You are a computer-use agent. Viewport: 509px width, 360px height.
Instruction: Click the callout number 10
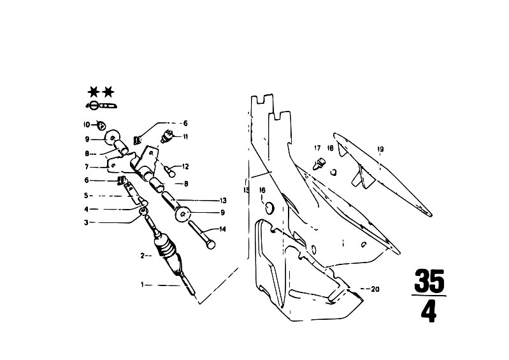coord(87,125)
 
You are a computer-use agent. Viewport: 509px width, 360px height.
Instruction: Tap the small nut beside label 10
coord(101,126)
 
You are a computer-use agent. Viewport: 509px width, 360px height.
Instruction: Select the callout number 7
coord(87,167)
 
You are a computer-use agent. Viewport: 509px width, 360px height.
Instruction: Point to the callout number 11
coord(185,137)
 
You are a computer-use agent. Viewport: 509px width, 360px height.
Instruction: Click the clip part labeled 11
coord(168,135)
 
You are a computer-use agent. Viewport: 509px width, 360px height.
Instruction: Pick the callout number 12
coord(185,167)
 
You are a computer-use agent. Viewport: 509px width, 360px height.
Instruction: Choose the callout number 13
coord(223,201)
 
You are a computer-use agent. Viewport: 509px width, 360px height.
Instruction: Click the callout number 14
coord(222,229)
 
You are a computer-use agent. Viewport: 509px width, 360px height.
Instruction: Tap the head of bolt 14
coord(211,244)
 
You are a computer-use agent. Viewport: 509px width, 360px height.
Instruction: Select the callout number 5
coord(86,196)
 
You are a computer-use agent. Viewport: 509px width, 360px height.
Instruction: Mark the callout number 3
coord(86,222)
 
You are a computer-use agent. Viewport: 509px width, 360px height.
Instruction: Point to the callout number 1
coord(142,285)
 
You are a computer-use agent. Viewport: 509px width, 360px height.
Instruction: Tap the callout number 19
coord(381,149)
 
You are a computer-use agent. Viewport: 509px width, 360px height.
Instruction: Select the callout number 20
coord(375,289)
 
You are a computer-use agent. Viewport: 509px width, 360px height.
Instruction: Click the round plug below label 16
coord(269,208)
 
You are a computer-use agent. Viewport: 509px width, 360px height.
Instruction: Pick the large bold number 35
coord(429,281)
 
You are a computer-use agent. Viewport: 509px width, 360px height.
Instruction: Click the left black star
coord(94,92)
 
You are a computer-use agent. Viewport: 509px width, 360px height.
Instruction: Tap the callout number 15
coord(247,190)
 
